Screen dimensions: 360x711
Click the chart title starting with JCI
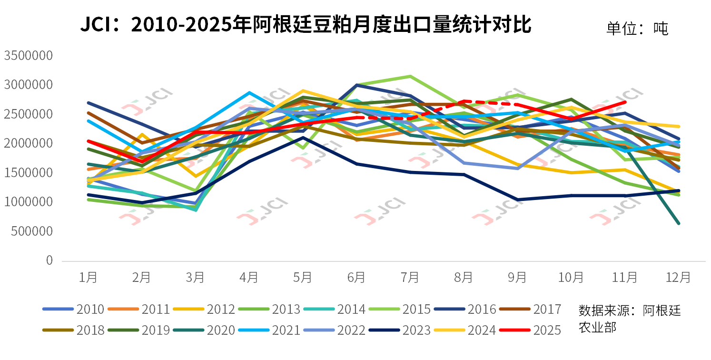(305, 25)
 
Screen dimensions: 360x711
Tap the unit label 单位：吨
(637, 29)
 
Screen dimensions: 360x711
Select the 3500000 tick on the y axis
(28, 56)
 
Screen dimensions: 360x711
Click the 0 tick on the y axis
(49, 260)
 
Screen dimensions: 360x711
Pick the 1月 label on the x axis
(88, 277)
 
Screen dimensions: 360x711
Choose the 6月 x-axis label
(356, 277)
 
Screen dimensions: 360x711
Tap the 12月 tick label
(679, 277)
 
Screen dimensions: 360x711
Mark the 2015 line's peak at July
(410, 76)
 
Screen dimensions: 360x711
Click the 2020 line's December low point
(679, 223)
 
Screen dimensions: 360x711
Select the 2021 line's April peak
(249, 93)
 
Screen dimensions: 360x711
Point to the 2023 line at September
(517, 200)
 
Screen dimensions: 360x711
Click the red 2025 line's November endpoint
(624, 102)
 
